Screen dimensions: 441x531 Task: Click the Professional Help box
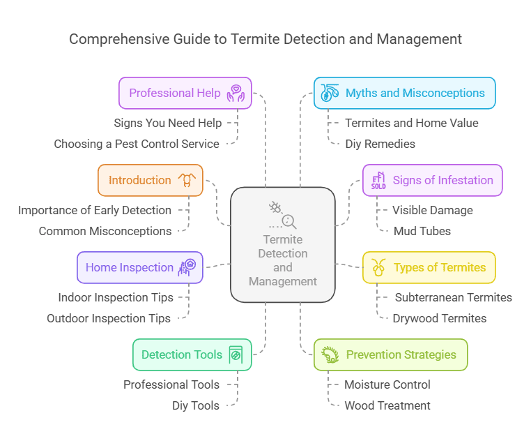185,93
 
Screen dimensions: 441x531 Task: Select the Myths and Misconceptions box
404,93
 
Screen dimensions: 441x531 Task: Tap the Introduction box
150,180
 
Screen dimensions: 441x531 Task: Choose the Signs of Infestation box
432,180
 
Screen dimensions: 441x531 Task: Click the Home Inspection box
139,267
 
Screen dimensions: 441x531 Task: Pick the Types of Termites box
429,267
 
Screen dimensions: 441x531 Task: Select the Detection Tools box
192,354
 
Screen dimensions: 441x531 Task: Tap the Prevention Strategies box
390,354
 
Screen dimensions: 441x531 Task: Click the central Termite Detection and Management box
283,244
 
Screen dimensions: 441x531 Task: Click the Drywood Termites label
439,318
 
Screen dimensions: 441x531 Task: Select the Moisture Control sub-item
387,384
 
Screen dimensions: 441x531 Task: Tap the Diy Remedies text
380,144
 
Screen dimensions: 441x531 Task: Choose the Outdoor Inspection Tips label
109,318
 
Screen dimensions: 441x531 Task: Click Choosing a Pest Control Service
137,144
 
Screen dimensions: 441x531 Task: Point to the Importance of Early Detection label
95,210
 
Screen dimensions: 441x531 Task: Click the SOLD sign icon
378,181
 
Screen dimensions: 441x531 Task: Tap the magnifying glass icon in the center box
288,222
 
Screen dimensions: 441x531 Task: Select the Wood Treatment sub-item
387,405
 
